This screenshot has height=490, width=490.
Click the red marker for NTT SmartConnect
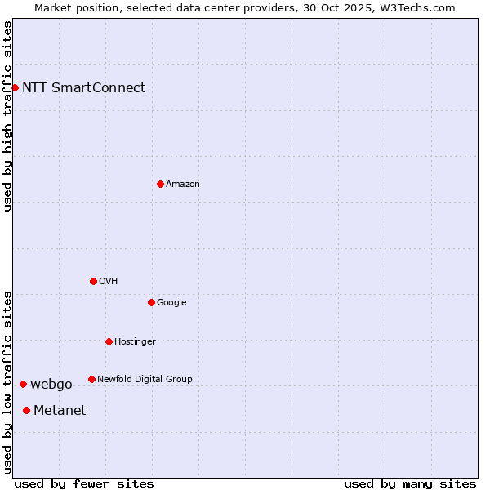pyautogui.click(x=15, y=87)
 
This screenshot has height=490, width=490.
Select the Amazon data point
pyautogui.click(x=160, y=184)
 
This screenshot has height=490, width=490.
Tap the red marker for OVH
pyautogui.click(x=93, y=281)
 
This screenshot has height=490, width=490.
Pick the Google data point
pyautogui.click(x=151, y=302)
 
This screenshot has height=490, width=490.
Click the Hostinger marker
pyautogui.click(x=109, y=341)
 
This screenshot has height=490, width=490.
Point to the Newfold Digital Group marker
pyautogui.click(x=91, y=379)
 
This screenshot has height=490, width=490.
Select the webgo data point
pyautogui.click(x=23, y=384)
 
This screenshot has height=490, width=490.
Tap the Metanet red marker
pyautogui.click(x=26, y=410)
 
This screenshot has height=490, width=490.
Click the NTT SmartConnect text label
pyautogui.click(x=83, y=87)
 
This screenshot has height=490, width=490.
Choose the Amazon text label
pyautogui.click(x=182, y=184)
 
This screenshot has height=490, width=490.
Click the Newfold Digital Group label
pyautogui.click(x=145, y=379)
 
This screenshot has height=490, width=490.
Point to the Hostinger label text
pyautogui.click(x=135, y=341)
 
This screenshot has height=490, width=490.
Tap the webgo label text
pyautogui.click(x=51, y=385)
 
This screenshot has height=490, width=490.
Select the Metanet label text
pyautogui.click(x=60, y=410)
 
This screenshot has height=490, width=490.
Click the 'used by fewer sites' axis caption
pyautogui.click(x=84, y=483)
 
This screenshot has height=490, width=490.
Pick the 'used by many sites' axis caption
pyautogui.click(x=410, y=483)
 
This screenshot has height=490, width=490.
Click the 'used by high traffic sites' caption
pyautogui.click(x=7, y=116)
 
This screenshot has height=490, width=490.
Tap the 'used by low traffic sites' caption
pyautogui.click(x=7, y=381)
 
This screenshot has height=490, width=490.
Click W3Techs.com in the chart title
pyautogui.click(x=421, y=7)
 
